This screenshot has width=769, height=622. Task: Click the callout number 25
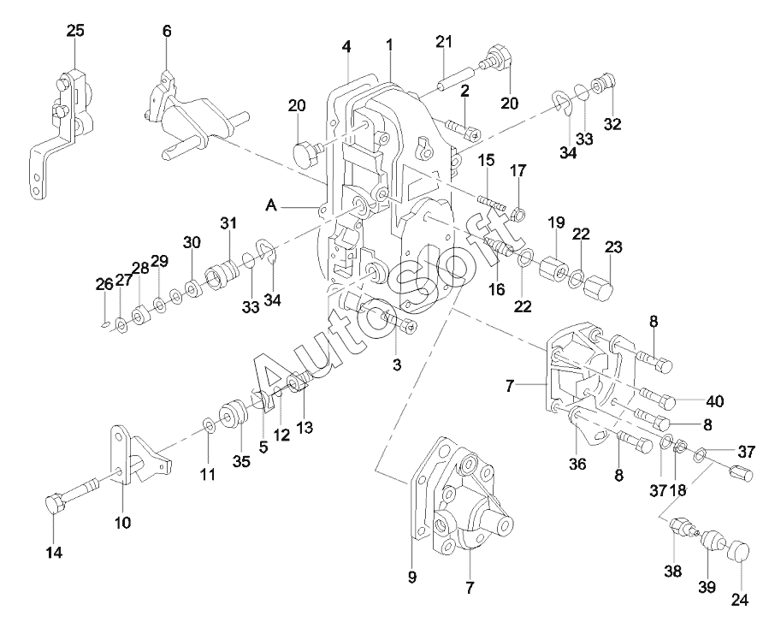pos(76,31)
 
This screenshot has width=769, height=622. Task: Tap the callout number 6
pos(167,31)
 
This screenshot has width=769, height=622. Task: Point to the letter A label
pos(272,205)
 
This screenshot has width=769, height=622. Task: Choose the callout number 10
pos(123,522)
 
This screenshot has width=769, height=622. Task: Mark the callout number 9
pos(411,578)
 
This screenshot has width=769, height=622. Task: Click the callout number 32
pos(612,123)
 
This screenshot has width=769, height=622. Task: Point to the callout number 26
pos(104,284)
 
